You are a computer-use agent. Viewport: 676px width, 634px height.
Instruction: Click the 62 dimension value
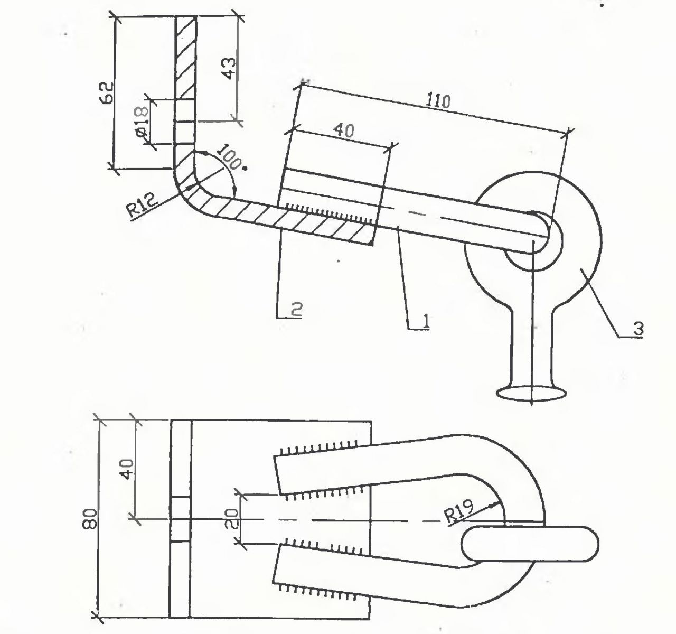click(106, 93)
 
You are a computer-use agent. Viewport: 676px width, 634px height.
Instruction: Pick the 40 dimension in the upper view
click(344, 130)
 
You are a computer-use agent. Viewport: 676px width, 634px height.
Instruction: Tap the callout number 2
click(296, 309)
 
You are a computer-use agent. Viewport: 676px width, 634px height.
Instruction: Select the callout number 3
click(637, 328)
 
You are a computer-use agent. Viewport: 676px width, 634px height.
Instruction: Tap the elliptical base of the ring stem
click(532, 393)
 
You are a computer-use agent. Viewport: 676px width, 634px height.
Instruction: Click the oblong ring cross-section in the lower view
click(530, 544)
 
